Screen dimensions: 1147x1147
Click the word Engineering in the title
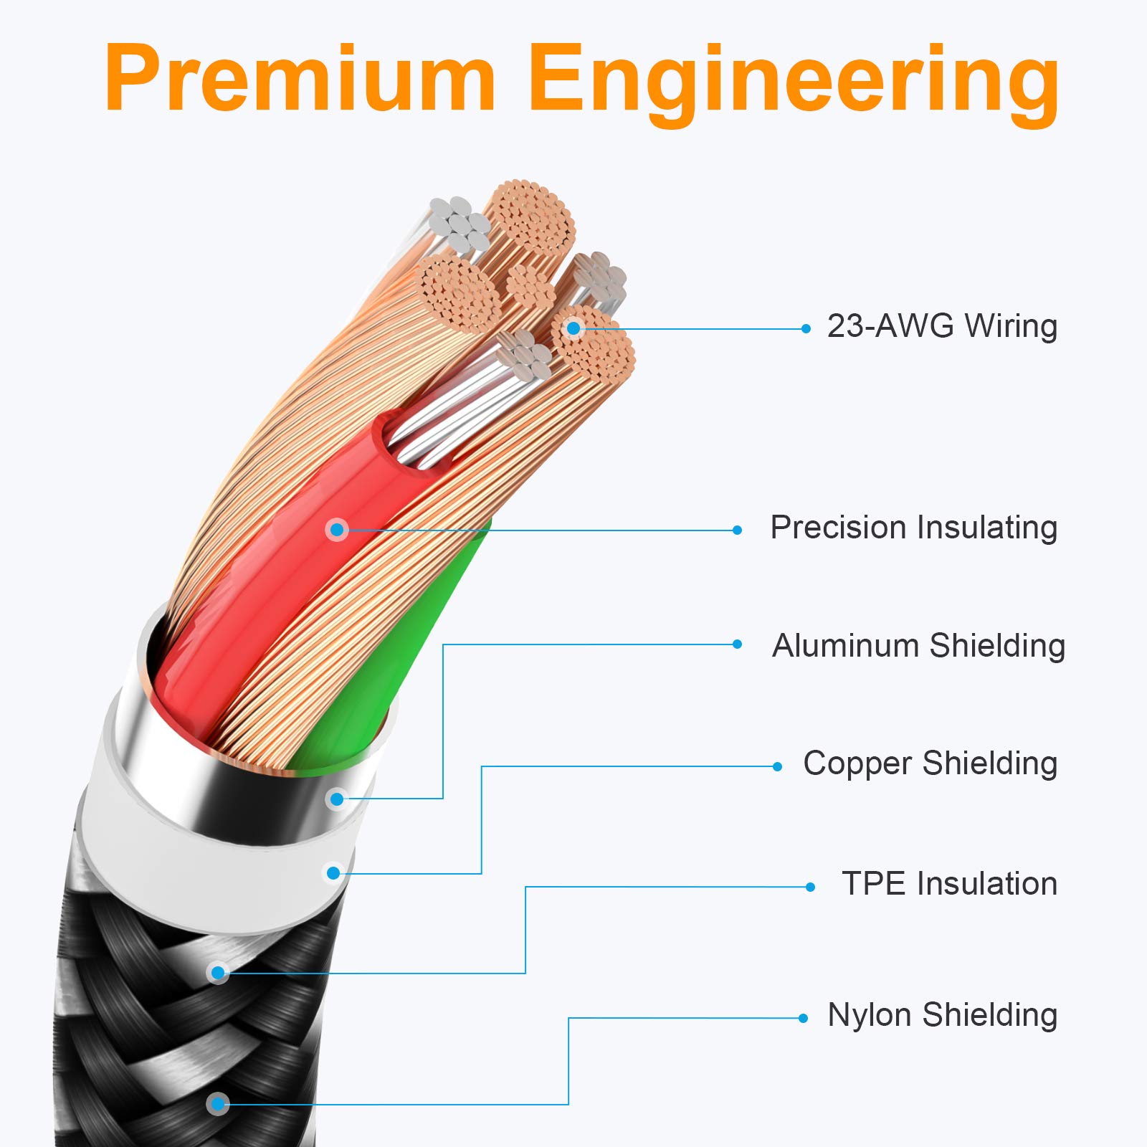tap(795, 85)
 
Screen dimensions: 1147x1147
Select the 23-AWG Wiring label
tap(942, 326)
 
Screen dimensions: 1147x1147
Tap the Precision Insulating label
tap(914, 528)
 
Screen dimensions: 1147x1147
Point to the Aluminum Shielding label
tap(918, 646)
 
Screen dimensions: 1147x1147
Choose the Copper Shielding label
tap(931, 763)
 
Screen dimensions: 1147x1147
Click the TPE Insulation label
tap(949, 884)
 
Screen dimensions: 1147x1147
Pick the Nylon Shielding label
tap(942, 1015)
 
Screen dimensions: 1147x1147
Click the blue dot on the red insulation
tap(337, 530)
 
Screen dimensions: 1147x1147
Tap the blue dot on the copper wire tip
tap(573, 328)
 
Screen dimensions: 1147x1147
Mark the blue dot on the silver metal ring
tap(337, 799)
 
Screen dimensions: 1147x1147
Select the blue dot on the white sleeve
tap(333, 873)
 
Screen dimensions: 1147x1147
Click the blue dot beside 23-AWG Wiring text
tap(806, 328)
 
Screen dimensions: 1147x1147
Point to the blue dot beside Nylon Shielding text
tap(803, 1018)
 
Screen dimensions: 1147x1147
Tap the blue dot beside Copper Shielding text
tap(777, 766)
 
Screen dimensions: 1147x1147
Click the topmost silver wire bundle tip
tap(460, 224)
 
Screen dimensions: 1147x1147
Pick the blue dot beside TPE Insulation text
tap(810, 887)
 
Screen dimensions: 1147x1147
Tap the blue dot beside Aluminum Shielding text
tap(737, 644)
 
